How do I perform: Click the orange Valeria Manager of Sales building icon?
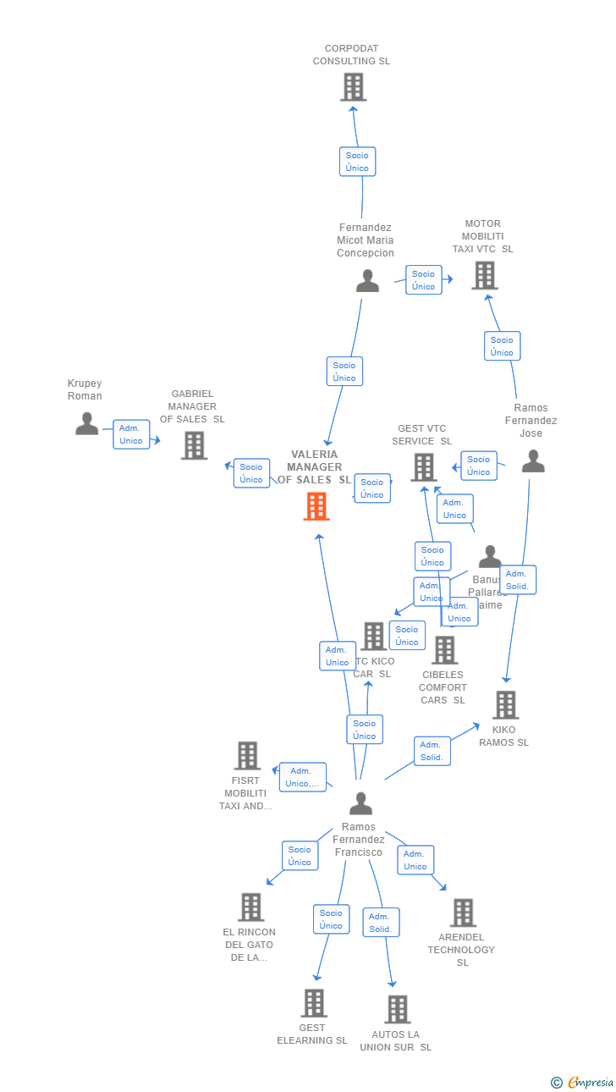[316, 506]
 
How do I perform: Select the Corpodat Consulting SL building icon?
[353, 86]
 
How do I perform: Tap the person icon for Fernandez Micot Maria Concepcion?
[367, 280]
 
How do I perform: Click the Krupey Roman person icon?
[86, 423]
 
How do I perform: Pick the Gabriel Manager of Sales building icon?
[194, 445]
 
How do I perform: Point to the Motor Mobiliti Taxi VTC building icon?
[484, 275]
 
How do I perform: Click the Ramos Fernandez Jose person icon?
[533, 461]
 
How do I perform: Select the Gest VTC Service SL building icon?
[423, 466]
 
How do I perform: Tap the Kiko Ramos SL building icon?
[505, 704]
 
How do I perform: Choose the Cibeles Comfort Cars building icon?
[444, 650]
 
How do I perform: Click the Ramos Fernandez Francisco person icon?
[361, 802]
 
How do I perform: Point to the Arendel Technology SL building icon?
[463, 913]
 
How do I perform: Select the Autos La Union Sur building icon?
[397, 1009]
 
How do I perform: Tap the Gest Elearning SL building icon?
[313, 1003]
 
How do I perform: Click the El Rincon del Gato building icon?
[250, 907]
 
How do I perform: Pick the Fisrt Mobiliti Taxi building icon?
[247, 755]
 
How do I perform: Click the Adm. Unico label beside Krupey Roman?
[131, 434]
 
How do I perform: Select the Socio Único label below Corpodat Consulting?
[357, 162]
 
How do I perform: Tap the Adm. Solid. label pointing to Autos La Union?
[381, 923]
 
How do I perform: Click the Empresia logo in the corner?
[584, 1082]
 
